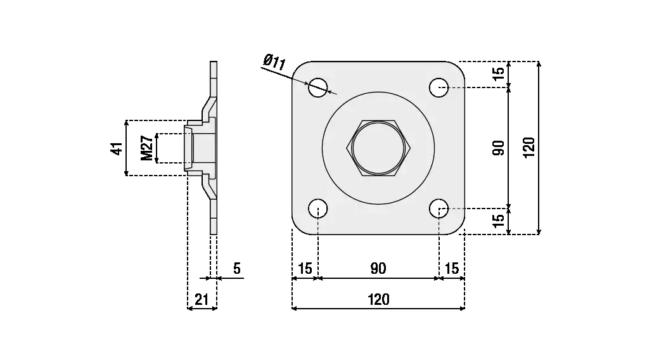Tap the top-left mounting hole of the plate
pos(318,87)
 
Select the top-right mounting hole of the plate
pos(439,87)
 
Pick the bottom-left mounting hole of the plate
pos(318,209)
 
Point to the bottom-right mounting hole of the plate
pos(439,209)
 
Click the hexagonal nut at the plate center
pos(378,148)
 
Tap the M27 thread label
pos(146,148)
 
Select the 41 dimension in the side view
pos(116,148)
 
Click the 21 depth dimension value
pos(202,300)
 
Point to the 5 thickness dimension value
pos(236,269)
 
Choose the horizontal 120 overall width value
pos(378,300)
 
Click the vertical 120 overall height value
pos(530,148)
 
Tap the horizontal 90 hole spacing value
pos(378,269)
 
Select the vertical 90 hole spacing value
pos(499,148)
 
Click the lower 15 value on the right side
pos(499,221)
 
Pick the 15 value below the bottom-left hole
pos(305,269)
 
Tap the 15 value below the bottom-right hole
pos(452,269)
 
